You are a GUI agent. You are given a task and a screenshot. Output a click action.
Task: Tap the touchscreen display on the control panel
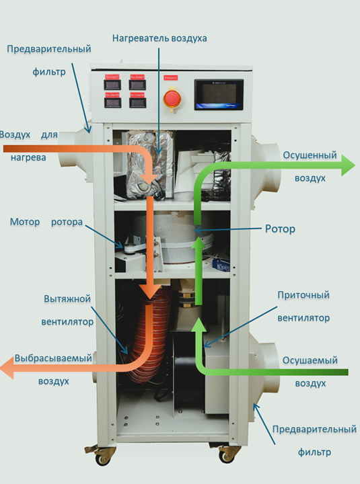click(x=219, y=95)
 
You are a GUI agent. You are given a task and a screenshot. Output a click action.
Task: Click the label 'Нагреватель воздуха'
click(x=159, y=38)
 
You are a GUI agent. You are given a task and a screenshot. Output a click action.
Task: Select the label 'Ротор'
click(x=280, y=229)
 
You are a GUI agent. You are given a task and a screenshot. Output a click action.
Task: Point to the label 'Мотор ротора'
click(x=46, y=222)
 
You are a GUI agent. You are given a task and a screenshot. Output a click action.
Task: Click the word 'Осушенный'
click(x=310, y=155)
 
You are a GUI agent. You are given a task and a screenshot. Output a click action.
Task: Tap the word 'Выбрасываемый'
click(x=53, y=358)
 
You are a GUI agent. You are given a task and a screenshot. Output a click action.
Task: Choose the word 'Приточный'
click(x=303, y=295)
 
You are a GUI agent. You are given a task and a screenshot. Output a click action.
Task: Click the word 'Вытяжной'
click(x=67, y=298)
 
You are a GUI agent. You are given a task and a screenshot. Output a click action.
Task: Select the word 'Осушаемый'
click(x=310, y=360)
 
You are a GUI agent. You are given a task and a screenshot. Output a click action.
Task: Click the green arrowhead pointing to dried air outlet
click(x=348, y=165)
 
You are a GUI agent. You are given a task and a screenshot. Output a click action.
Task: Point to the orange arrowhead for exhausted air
click(x=7, y=367)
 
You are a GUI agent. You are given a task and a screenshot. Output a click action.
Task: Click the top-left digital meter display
click(x=112, y=85)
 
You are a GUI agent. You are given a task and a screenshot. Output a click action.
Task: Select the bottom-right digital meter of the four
click(x=137, y=102)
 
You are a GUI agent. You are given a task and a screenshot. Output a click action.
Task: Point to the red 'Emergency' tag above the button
click(x=170, y=78)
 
